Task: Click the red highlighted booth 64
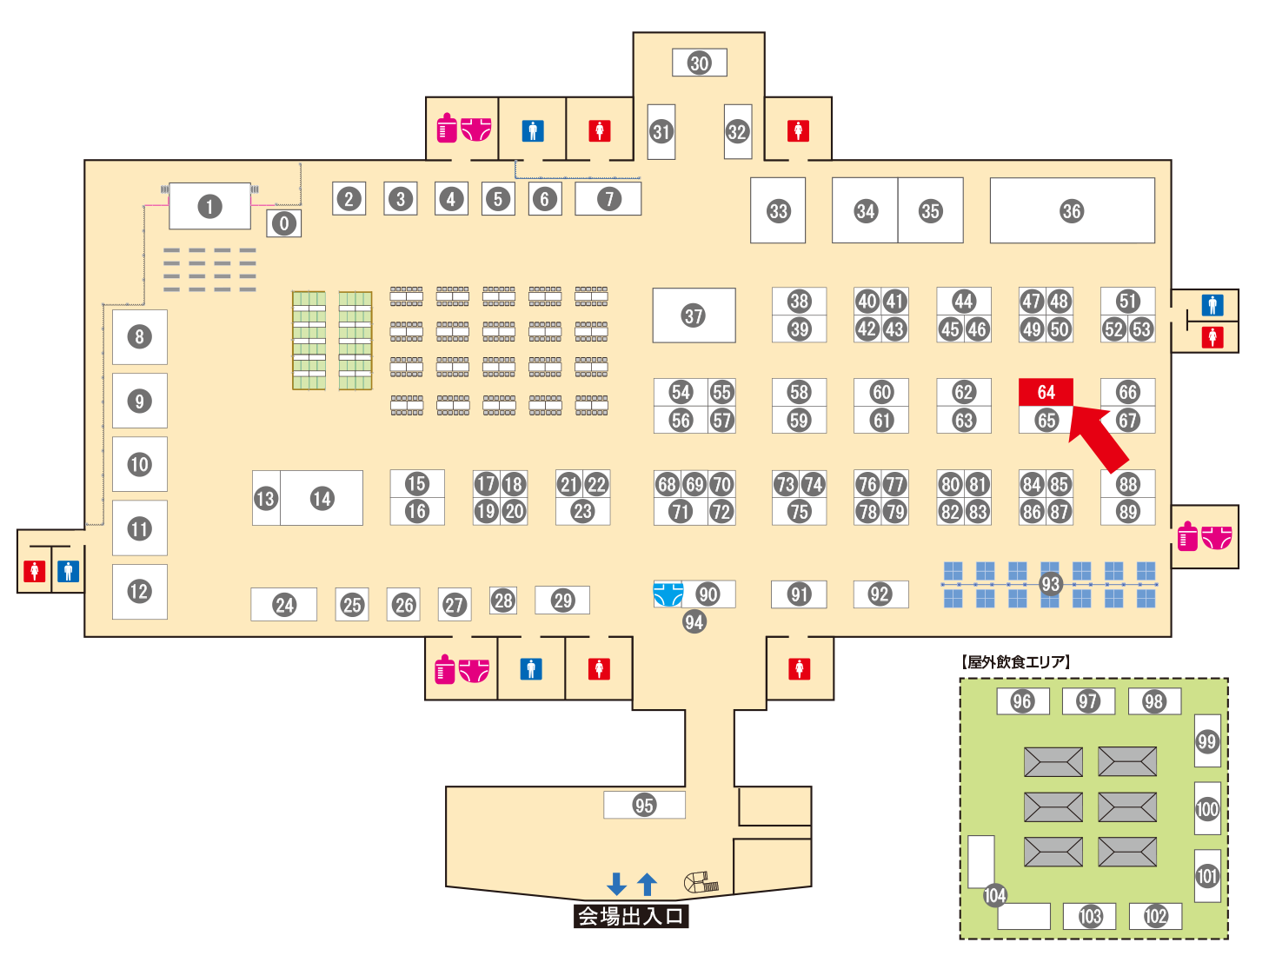pos(1046,392)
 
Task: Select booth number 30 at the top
pos(700,63)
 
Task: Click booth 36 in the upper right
pos(1072,211)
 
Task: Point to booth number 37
pos(694,315)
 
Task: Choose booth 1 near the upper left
pos(209,207)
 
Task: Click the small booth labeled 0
pos(284,223)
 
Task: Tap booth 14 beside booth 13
pos(322,498)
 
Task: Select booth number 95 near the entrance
pos(644,805)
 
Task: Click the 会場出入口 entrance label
pos(631,916)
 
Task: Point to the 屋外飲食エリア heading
pos(1016,662)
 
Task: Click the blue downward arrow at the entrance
pos(617,884)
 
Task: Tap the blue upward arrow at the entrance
pos(647,884)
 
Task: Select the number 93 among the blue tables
pos(1051,584)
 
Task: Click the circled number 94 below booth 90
pos(694,621)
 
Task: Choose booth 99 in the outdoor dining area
pos(1207,741)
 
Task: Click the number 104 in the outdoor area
pos(995,895)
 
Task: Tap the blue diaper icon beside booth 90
pos(668,594)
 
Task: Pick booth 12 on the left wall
pos(139,592)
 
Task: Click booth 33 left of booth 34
pos(778,211)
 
